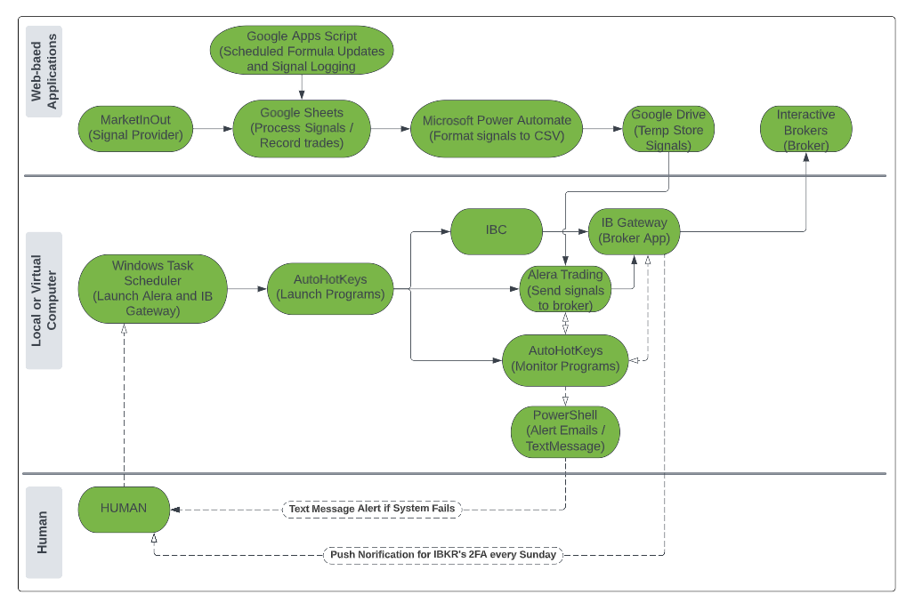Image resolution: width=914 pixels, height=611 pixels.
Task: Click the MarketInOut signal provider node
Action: (135, 128)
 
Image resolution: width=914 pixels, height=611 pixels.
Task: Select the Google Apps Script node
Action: (302, 51)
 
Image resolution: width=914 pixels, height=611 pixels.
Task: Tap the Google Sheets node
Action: (301, 128)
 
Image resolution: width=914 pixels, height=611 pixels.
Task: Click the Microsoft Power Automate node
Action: (497, 128)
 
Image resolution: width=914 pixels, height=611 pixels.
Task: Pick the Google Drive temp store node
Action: (667, 129)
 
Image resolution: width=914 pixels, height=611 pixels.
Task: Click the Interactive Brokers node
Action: (805, 129)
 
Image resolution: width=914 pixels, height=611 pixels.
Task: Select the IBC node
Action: (496, 230)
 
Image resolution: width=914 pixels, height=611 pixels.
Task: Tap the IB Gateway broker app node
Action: (634, 230)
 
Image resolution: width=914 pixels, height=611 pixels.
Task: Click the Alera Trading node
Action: (565, 289)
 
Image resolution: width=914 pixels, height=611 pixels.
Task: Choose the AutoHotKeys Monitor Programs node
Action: (564, 358)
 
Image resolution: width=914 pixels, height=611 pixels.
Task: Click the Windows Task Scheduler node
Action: (152, 288)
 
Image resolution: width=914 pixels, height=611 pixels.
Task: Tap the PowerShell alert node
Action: (564, 431)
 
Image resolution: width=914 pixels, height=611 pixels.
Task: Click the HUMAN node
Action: (123, 509)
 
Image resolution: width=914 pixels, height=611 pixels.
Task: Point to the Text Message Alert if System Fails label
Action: (371, 509)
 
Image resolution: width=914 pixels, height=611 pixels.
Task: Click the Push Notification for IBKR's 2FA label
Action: (442, 554)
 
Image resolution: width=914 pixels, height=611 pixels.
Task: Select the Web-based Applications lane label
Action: (44, 72)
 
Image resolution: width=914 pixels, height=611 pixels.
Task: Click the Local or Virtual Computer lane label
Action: (44, 300)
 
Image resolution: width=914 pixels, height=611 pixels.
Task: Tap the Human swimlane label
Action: (44, 532)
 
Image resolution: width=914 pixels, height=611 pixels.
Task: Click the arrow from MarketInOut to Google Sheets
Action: (213, 128)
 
